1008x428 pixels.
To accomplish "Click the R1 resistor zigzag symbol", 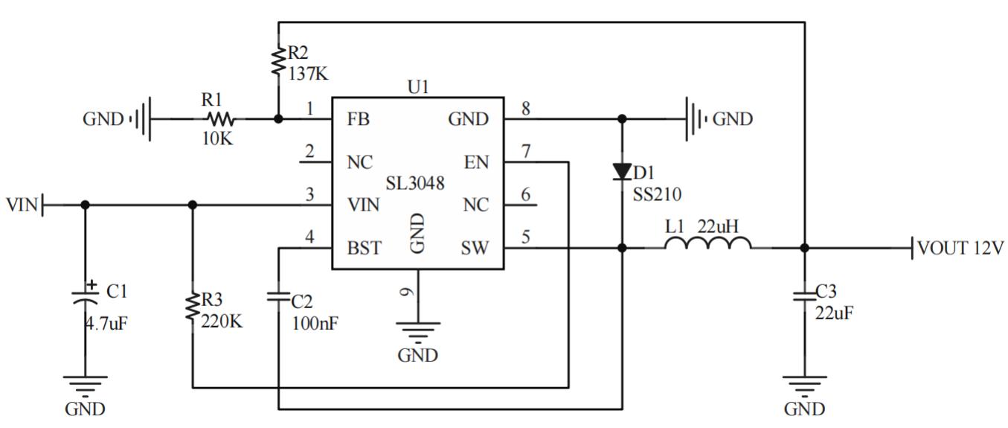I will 220,119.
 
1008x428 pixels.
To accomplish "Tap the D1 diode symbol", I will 622,172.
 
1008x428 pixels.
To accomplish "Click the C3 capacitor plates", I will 804,296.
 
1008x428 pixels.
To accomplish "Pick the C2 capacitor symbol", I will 278,296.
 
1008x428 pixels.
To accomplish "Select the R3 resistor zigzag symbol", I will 193,306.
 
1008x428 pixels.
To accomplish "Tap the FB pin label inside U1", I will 358,119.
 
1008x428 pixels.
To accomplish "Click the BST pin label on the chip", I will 364,248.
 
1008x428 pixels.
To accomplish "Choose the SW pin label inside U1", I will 475,248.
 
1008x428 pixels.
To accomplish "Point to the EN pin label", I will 476,162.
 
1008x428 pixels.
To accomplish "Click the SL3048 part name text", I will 415,183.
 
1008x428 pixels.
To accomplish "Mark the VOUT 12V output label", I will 960,248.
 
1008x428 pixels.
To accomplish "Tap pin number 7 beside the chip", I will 525,152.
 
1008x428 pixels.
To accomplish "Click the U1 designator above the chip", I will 418,86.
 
